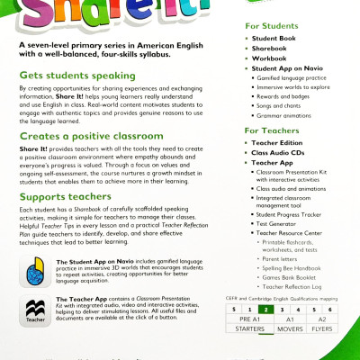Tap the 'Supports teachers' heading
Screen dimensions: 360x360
tap(62, 220)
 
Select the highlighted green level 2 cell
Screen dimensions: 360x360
tap(264, 308)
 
